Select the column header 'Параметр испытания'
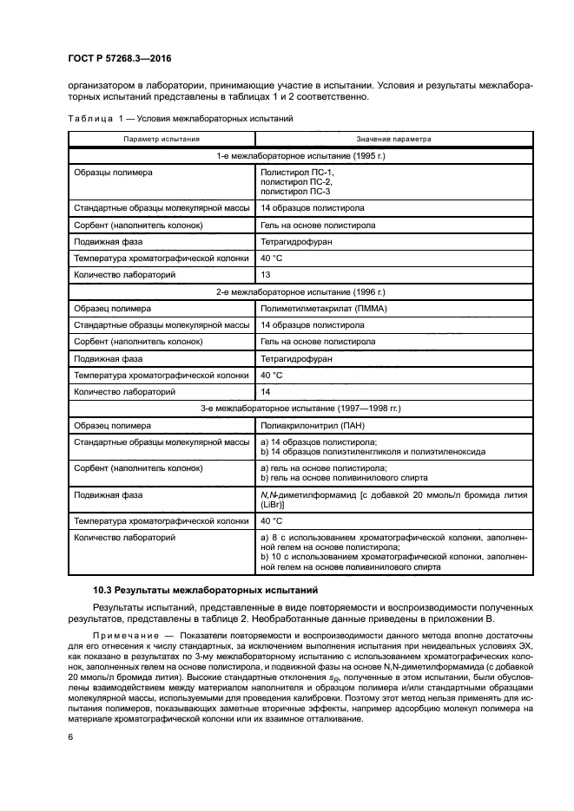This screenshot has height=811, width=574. [x=162, y=139]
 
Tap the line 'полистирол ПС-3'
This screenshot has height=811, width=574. [x=295, y=191]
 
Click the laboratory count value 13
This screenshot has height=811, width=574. [x=266, y=274]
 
